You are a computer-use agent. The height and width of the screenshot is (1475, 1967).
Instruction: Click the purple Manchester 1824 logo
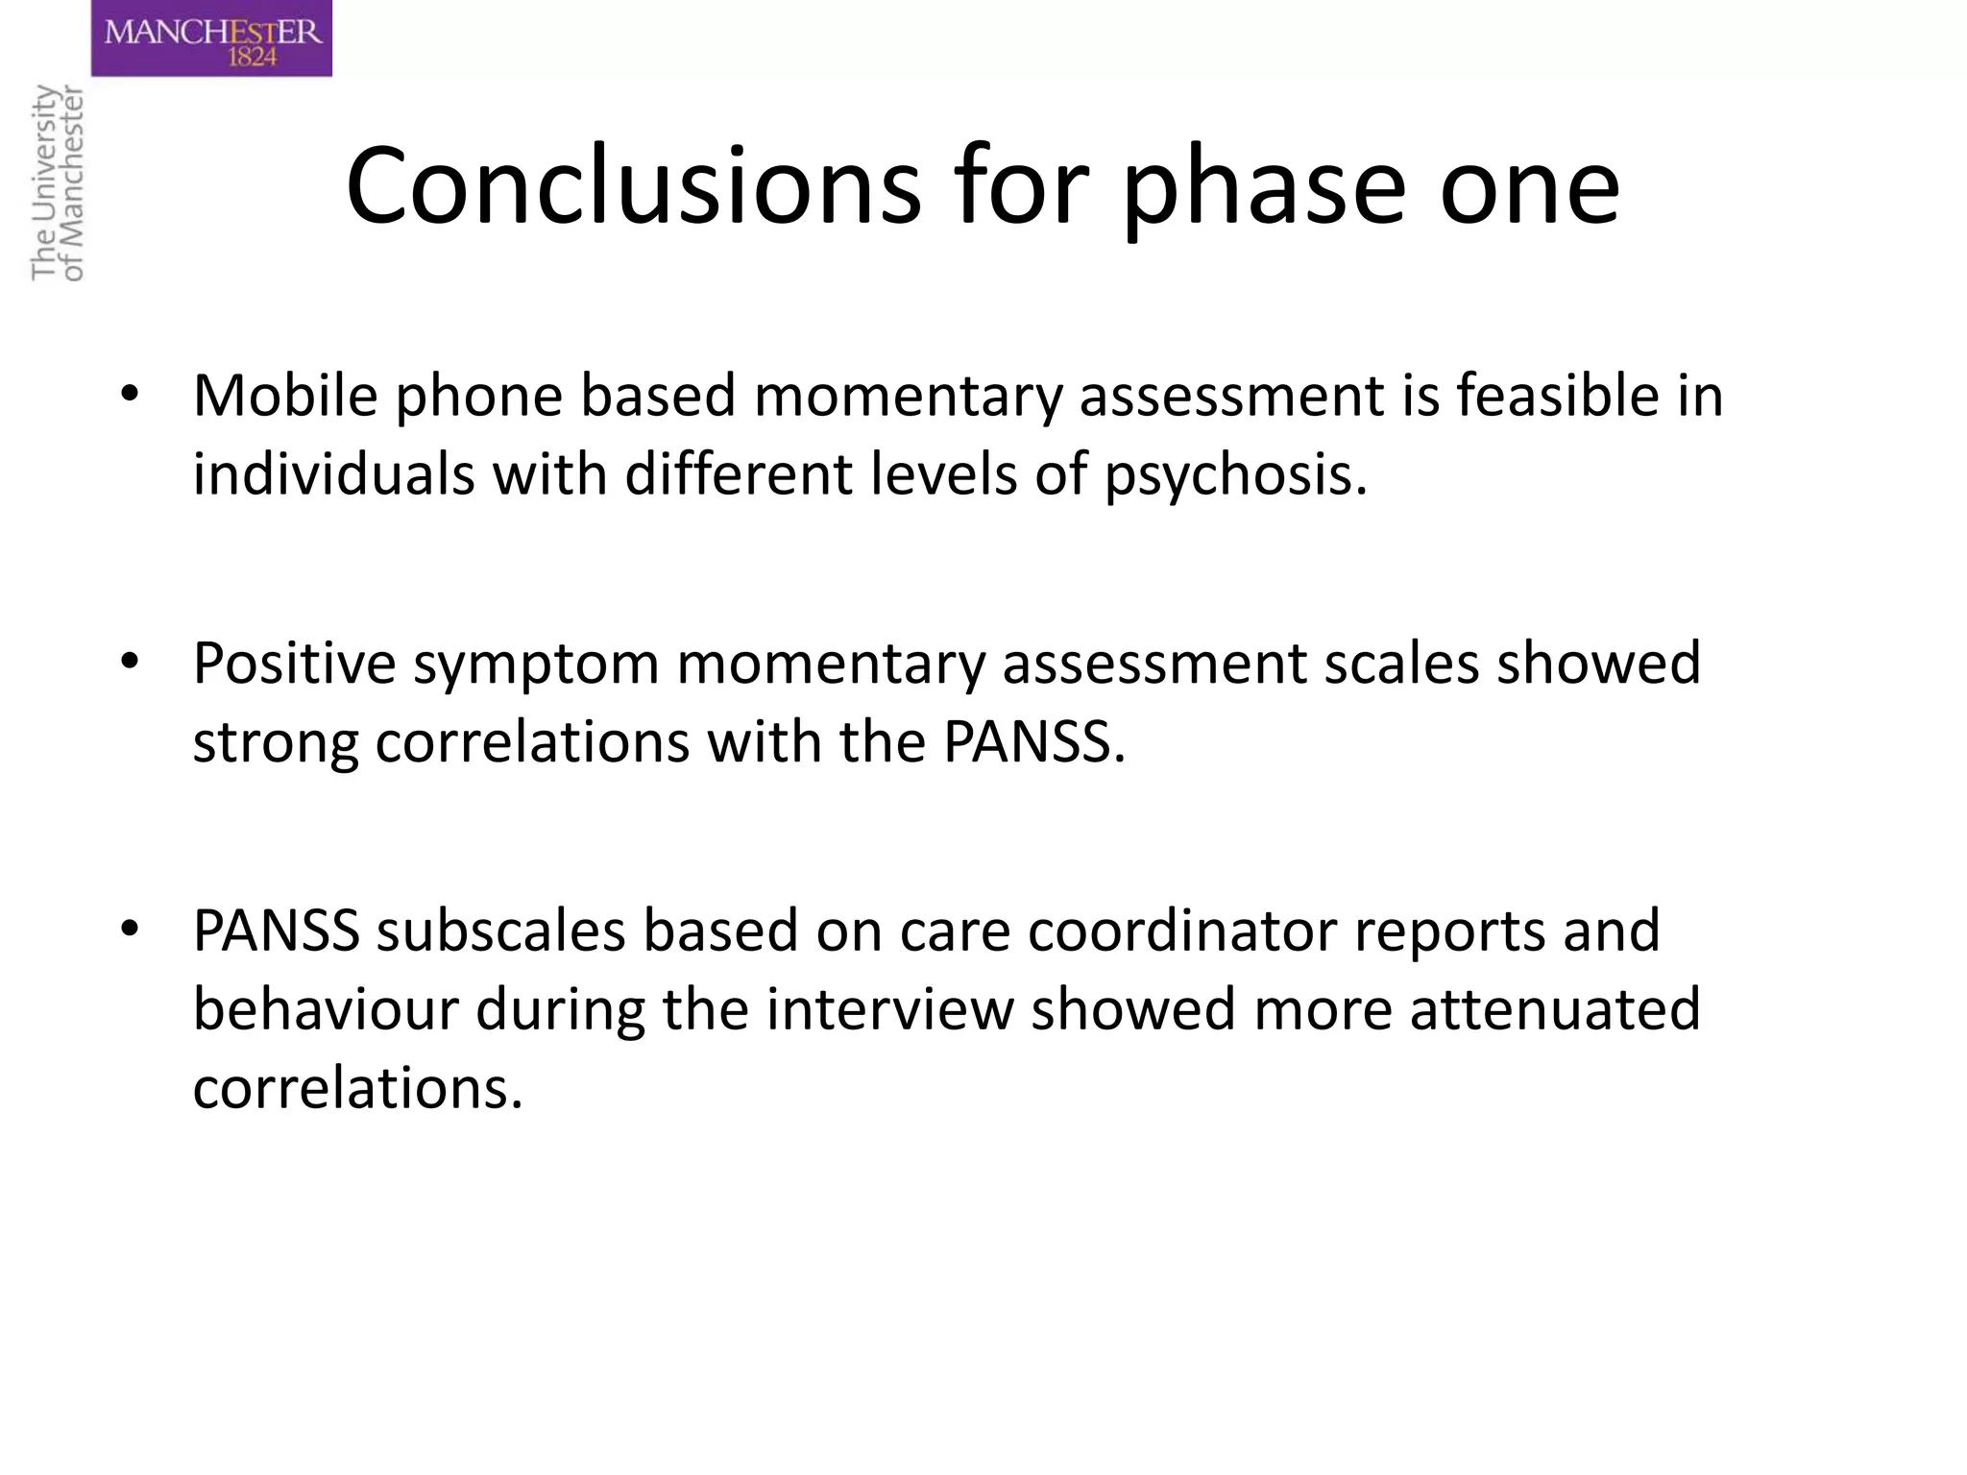pos(211,38)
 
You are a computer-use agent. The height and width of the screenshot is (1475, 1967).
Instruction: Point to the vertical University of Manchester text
pos(58,182)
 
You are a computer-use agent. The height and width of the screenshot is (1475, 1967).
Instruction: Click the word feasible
pos(1557,395)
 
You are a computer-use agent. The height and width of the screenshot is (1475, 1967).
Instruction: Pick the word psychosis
pos(1235,474)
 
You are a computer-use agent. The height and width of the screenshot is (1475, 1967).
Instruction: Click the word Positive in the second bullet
pos(294,663)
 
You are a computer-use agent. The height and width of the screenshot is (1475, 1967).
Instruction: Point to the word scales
pos(1401,663)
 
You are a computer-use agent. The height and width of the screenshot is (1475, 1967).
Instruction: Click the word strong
pos(275,742)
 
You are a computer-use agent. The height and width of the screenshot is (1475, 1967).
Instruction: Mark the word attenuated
pos(1555,1009)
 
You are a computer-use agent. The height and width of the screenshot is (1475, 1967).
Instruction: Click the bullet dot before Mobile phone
pos(130,395)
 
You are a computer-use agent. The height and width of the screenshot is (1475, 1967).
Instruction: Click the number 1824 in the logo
pos(252,58)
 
